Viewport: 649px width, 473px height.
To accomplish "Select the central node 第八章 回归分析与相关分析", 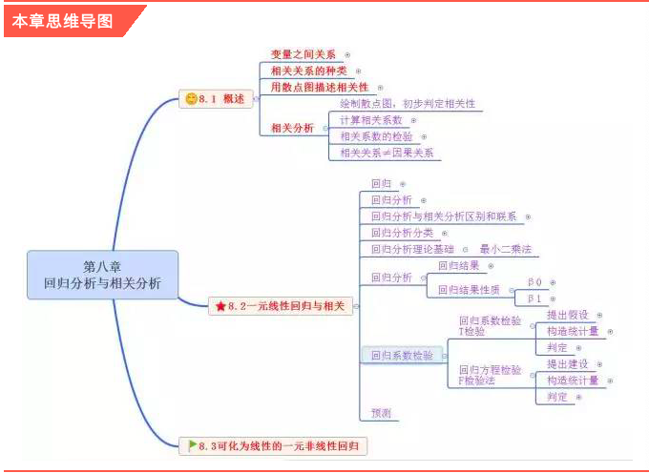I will [x=102, y=275].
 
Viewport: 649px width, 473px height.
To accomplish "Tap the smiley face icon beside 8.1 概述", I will [x=191, y=98].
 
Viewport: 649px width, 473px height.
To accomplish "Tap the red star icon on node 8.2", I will [x=220, y=306].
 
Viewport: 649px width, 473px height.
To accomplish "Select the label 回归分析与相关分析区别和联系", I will [x=444, y=216].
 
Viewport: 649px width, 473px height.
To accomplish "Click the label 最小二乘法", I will [x=505, y=249].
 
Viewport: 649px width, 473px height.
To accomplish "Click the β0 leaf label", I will [x=534, y=282].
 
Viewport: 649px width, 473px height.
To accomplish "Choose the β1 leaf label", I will [x=534, y=298].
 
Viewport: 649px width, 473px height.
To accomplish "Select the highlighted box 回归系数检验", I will [x=401, y=356].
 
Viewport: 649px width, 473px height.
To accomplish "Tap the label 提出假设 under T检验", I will [x=567, y=315].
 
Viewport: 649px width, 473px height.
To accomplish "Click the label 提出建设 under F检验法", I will [x=567, y=364].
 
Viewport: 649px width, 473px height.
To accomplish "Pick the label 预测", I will [x=381, y=413].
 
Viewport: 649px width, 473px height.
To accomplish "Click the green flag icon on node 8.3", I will [x=192, y=444].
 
